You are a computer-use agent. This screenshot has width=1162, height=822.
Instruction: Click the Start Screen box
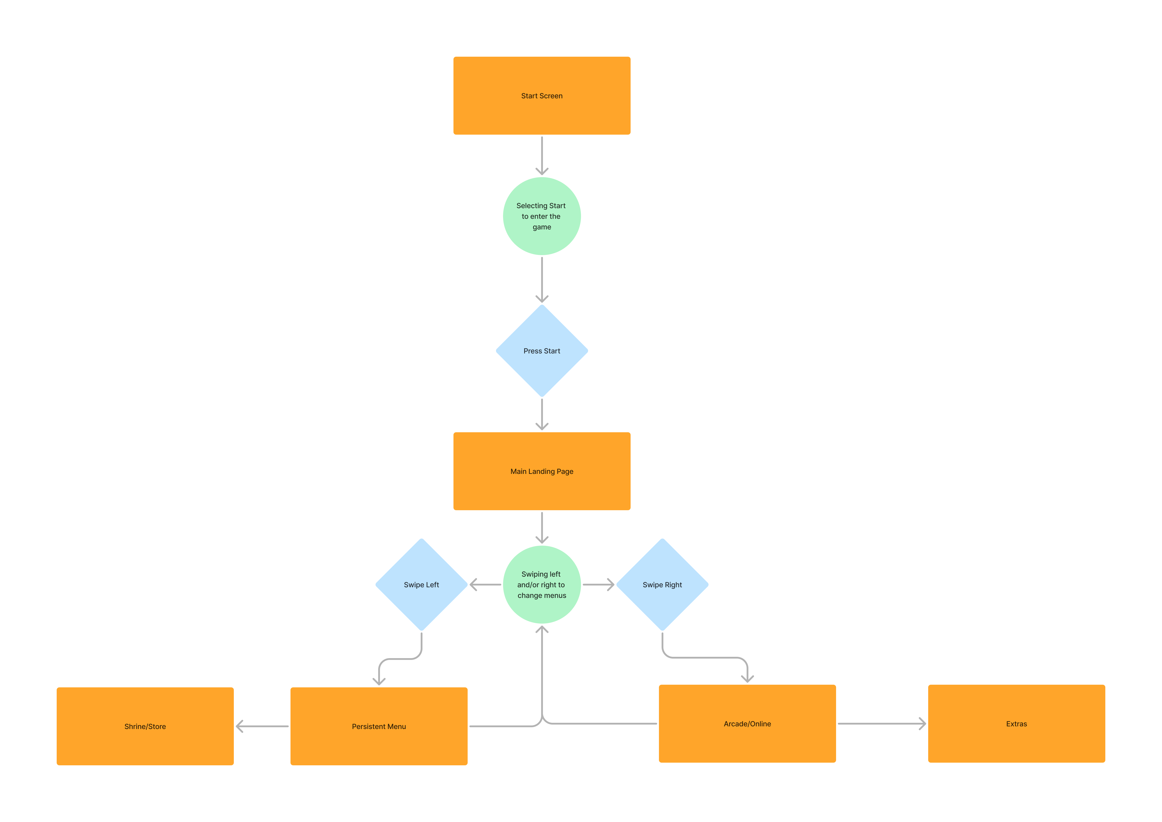[x=542, y=96]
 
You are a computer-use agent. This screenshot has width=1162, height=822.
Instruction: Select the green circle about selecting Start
[x=542, y=216]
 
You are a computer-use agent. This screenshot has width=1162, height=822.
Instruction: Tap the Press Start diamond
[x=542, y=351]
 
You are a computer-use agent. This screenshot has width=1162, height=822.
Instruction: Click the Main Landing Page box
[x=542, y=471]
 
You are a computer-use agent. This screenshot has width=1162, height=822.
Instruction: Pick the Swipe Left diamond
[x=421, y=585]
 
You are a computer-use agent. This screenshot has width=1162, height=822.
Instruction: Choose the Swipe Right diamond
[x=662, y=585]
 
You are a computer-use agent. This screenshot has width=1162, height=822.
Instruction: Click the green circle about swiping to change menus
[x=542, y=585]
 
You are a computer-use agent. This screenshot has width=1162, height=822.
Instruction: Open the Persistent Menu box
[x=379, y=726]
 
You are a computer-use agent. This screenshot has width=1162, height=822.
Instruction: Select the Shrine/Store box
[x=145, y=726]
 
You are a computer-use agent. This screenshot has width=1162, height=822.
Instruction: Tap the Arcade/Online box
[x=747, y=724]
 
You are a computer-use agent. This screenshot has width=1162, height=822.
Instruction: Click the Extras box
[x=1016, y=724]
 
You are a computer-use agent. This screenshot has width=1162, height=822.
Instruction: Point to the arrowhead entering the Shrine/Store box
[x=240, y=726]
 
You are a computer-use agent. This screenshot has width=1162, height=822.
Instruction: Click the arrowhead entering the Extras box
[x=922, y=724]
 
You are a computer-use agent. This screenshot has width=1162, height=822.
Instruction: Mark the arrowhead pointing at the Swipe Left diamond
[x=474, y=585]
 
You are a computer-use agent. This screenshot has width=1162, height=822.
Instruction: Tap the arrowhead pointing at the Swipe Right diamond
[x=610, y=585]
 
